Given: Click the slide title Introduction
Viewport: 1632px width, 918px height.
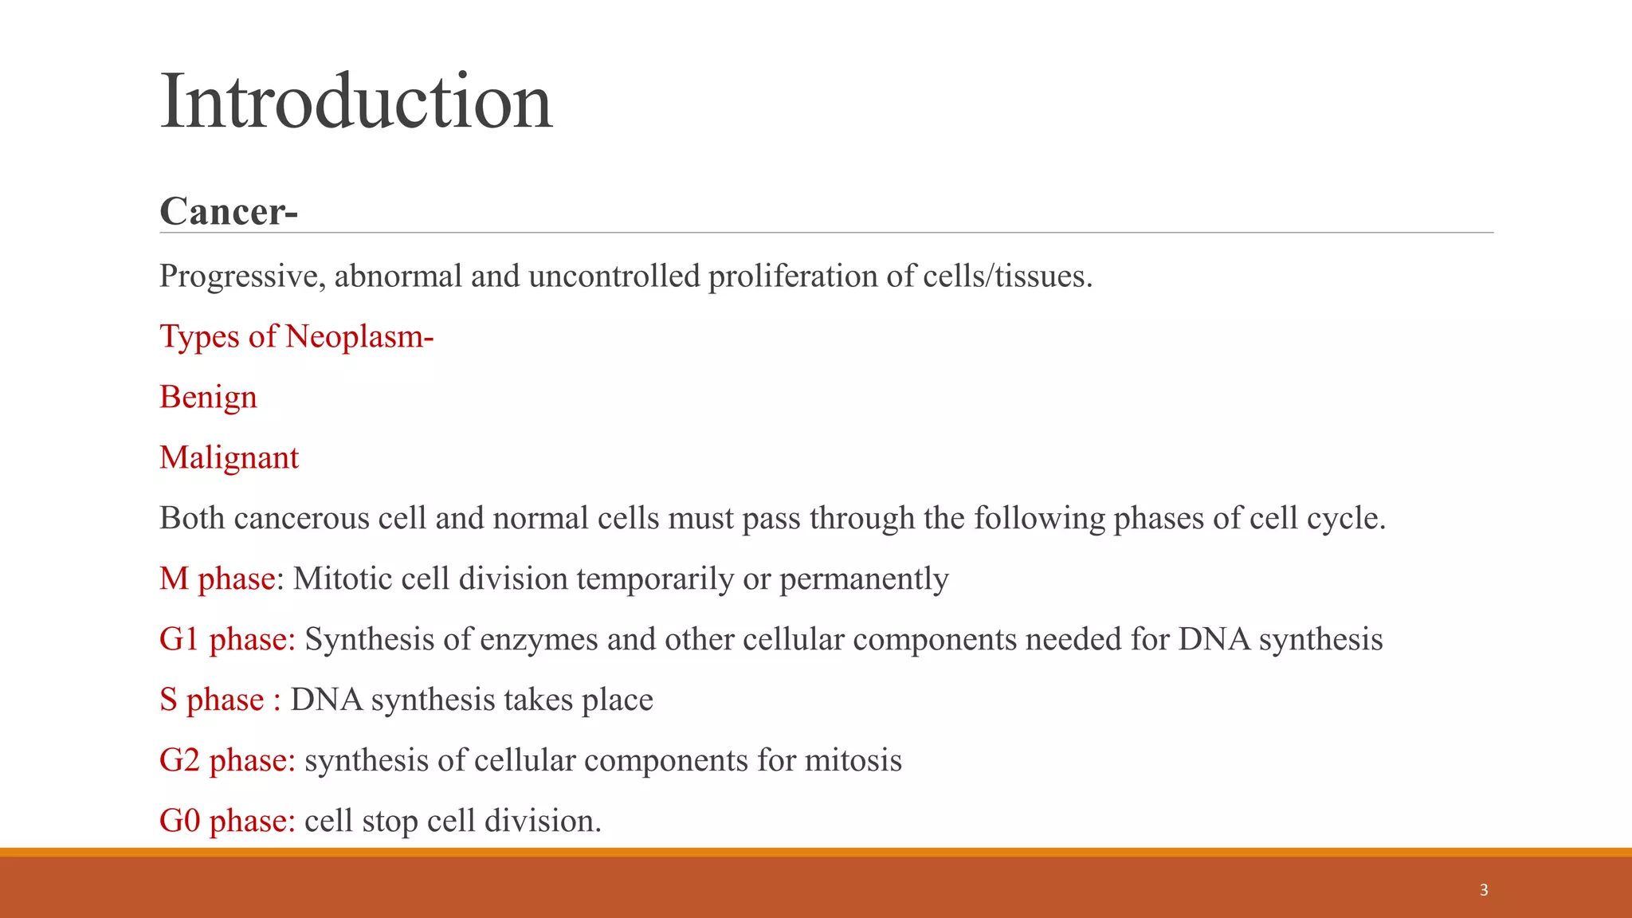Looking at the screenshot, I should (x=355, y=102).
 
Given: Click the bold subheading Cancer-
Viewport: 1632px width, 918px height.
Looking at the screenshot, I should (x=229, y=212).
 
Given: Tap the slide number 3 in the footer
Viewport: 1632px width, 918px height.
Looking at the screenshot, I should (x=1483, y=890).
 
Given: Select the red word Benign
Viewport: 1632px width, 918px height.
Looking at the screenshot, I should (x=208, y=398).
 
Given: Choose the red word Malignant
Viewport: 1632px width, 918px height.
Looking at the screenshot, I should (x=229, y=458).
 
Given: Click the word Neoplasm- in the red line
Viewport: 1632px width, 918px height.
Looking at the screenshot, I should (x=359, y=337).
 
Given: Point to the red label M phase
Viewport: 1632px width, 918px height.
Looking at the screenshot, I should (x=218, y=579).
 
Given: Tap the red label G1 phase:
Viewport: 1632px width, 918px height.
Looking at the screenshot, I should (x=227, y=640).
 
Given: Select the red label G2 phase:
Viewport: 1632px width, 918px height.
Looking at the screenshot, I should (x=227, y=761).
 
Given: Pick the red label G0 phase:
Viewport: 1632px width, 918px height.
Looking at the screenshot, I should (x=227, y=822).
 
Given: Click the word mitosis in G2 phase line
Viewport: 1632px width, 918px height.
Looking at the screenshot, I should (x=853, y=761).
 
